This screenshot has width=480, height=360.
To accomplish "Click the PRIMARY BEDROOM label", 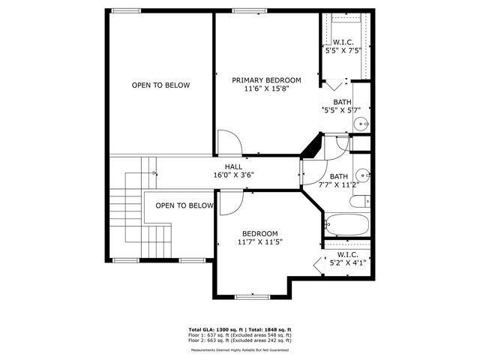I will click(x=266, y=80).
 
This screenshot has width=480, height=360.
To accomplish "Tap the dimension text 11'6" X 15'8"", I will click(x=266, y=88).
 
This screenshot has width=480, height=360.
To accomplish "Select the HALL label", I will click(x=232, y=166).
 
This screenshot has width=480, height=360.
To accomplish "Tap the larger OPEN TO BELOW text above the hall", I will click(x=160, y=85).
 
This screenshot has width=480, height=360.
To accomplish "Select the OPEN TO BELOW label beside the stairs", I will click(x=184, y=205).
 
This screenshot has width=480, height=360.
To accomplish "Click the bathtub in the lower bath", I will click(x=346, y=224).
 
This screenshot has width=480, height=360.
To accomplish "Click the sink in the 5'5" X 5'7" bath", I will click(x=360, y=124).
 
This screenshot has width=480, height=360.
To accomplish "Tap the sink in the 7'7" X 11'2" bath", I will click(x=364, y=176).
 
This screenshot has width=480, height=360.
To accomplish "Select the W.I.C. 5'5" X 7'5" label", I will click(x=343, y=47).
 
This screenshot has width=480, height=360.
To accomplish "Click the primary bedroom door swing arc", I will click(x=229, y=142).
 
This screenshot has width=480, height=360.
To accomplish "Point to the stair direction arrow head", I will click(x=155, y=173).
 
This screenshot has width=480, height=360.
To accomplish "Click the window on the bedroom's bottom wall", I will click(x=253, y=296).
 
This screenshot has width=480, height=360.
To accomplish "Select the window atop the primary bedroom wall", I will click(x=248, y=10).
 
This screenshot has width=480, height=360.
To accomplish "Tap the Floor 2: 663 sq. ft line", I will click(x=239, y=341).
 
